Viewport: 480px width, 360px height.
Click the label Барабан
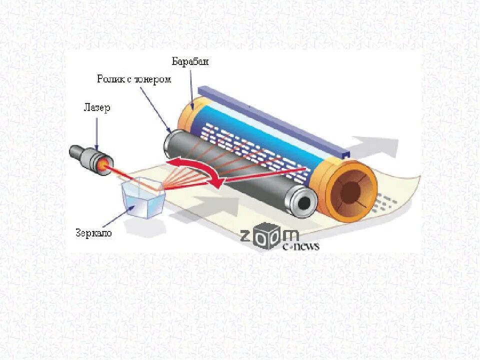coord(190,62)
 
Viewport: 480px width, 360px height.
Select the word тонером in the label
coord(155,79)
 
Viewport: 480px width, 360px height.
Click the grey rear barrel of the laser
coord(80,152)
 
